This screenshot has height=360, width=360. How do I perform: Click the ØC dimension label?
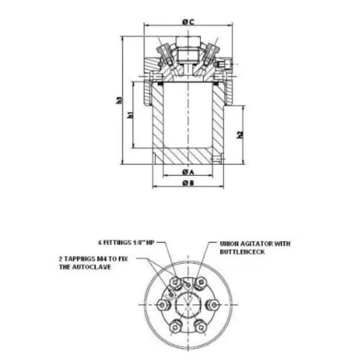point(188,22)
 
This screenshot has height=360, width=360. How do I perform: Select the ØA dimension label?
point(188,172)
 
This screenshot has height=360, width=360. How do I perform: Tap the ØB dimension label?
point(188,183)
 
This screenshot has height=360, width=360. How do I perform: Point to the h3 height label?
point(119,100)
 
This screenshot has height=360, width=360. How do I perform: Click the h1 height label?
point(130,115)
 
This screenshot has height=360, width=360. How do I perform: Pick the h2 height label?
point(240,135)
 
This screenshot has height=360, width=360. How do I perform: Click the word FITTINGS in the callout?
point(117,242)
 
